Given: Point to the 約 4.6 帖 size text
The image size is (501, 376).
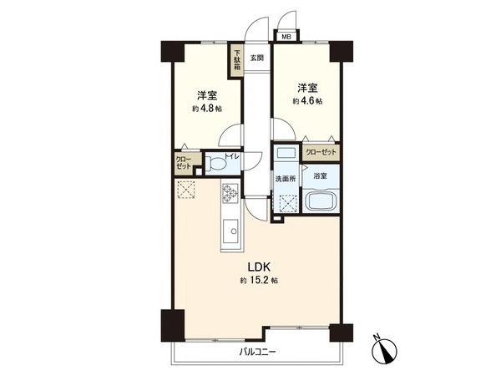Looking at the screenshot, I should point(306,101).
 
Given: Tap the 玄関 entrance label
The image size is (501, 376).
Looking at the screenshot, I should point(257,58).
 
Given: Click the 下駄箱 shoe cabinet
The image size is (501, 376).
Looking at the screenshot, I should point(238,61).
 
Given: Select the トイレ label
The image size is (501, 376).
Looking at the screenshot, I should point(233,156).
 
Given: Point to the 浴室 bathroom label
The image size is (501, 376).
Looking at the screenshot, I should point(320,176).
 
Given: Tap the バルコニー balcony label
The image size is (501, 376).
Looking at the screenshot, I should point(257,352).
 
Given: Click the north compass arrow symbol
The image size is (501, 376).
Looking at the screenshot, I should point(386,348).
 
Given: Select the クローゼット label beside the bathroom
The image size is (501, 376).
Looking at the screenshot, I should point(321,152).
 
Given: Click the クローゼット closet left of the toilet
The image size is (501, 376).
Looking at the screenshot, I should point(184,161).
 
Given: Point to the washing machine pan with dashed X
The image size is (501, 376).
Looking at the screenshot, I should point(288,203).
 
